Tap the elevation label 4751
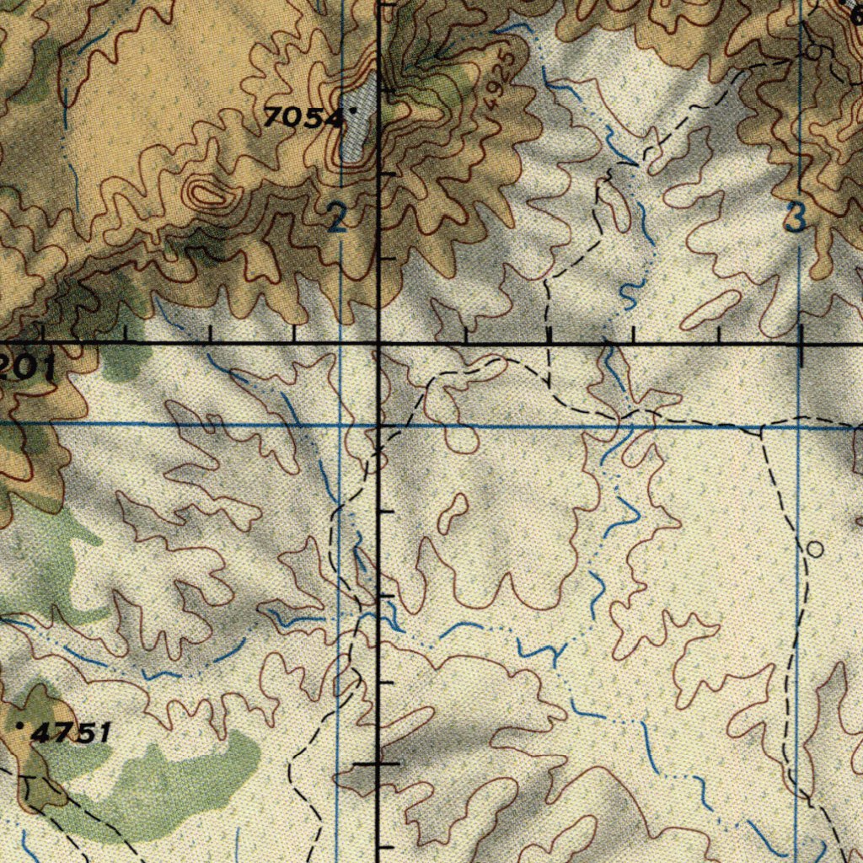[x=72, y=732]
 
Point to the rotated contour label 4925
[x=500, y=82]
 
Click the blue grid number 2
[x=337, y=221]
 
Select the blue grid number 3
[x=794, y=219]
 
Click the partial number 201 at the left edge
[x=27, y=367]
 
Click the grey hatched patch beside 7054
[x=358, y=118]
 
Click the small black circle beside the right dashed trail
[x=814, y=549]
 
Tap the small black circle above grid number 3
[x=812, y=52]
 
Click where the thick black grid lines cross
[x=378, y=345]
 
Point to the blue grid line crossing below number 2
[x=340, y=425]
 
